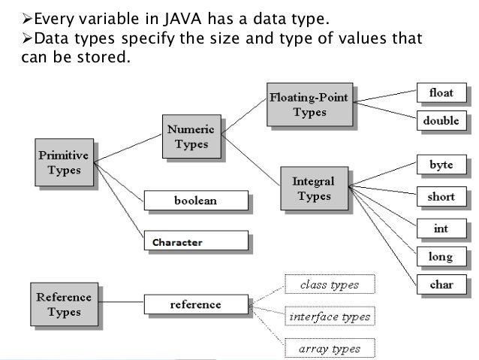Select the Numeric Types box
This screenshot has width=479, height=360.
click(191, 137)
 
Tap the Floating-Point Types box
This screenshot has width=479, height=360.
click(309, 104)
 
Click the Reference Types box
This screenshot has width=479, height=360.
click(64, 304)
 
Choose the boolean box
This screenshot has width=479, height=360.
click(195, 201)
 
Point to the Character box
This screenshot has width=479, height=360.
click(195, 242)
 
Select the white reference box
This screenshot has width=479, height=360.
click(195, 304)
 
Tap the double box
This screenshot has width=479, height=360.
click(441, 120)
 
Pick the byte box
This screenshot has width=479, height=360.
click(441, 164)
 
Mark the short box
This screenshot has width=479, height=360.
click(441, 197)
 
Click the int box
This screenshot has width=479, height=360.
click(441, 226)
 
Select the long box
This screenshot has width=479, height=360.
click(441, 257)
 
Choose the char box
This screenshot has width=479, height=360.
click(441, 286)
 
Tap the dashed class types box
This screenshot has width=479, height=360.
click(329, 285)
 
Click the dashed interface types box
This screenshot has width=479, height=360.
click(329, 317)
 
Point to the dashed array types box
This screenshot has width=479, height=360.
click(329, 348)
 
